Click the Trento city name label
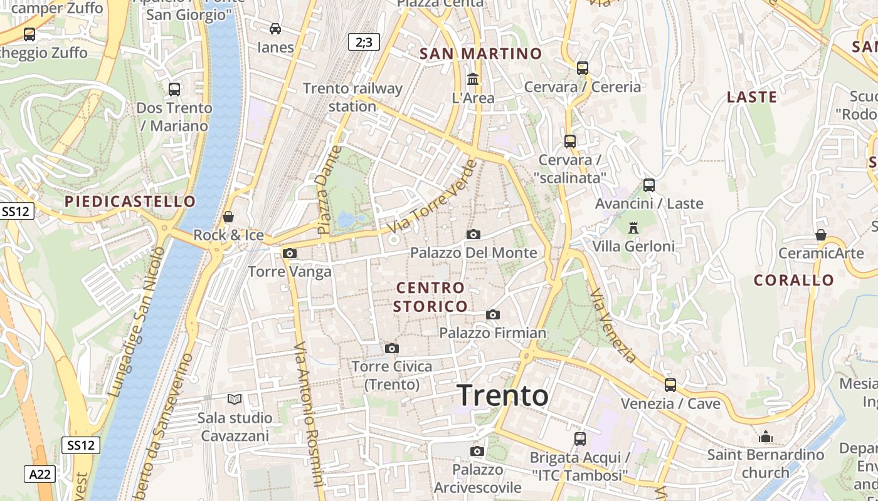(x=503, y=396)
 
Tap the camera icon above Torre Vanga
(x=290, y=253)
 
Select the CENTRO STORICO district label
(x=431, y=297)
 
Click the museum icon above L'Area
(x=473, y=80)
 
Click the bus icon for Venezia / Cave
(x=670, y=385)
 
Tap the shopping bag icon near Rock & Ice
(x=228, y=217)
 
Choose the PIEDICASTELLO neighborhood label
(x=130, y=202)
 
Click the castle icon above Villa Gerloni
(x=633, y=228)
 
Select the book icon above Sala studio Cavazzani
(x=235, y=399)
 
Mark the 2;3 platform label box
(x=364, y=42)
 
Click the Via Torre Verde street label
(x=433, y=197)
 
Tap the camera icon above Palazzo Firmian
(x=493, y=314)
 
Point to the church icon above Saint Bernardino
(x=765, y=436)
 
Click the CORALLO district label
(x=794, y=280)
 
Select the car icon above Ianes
(x=275, y=28)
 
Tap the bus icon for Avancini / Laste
(x=649, y=185)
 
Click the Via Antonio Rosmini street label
(x=309, y=413)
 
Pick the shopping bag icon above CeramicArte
(x=821, y=235)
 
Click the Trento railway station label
(x=352, y=97)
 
